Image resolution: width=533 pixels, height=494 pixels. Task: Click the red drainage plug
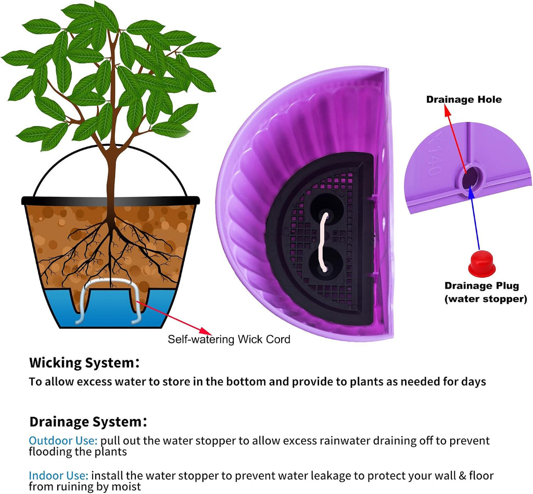click(481, 264)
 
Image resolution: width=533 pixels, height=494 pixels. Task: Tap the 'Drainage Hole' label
click(464, 100)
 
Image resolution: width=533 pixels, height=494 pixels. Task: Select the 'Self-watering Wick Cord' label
click(229, 339)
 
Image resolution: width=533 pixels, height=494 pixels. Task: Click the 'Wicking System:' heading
click(84, 363)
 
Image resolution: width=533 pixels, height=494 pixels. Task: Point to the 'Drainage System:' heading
click(88, 422)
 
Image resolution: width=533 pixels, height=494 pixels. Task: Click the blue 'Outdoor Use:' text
click(63, 440)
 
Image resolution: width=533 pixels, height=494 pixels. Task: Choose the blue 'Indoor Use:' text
click(58, 475)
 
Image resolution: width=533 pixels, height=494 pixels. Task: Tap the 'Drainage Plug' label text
click(481, 286)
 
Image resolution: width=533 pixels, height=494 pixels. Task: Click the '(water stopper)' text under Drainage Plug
click(486, 299)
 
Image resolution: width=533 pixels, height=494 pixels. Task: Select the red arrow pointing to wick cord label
click(174, 317)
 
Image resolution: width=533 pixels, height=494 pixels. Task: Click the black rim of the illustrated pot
click(110, 201)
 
